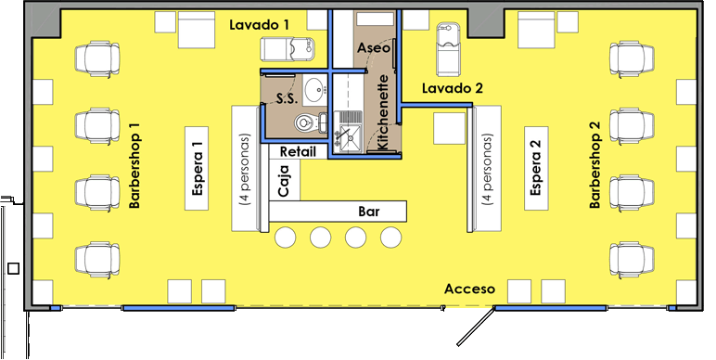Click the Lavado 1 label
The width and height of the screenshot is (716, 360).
coord(259,25)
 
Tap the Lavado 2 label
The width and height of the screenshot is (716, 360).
coord(452,88)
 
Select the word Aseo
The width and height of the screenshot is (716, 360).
coord(374,47)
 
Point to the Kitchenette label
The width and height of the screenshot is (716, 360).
coord(383,112)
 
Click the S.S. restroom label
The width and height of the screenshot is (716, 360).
coord(288,98)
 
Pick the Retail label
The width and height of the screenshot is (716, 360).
coord(298,151)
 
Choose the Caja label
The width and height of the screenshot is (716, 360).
coord(284,181)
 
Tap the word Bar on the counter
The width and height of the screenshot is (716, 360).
coord(368,212)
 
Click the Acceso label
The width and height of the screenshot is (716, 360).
coord(469,289)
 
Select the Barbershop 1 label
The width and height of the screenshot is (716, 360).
coord(134,165)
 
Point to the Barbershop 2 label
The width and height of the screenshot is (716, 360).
coord(595,165)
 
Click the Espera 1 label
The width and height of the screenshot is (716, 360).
coord(197,169)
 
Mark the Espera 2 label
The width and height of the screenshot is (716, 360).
coord(536,168)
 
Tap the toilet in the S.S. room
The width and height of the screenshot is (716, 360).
coord(310,122)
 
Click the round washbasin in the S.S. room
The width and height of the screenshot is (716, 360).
coord(314,90)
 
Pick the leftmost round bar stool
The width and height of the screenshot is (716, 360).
coord(285,238)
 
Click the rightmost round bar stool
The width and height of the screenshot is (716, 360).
coord(390,238)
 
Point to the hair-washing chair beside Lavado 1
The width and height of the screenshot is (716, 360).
coord(288,48)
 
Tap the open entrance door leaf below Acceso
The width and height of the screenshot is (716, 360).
coord(477,327)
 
